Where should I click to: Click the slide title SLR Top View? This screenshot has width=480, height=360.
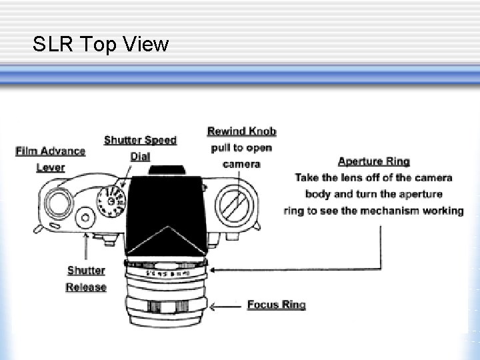coord(101,45)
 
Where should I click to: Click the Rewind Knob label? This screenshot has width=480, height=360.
coord(241,131)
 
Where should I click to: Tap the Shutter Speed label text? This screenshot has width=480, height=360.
coord(140,140)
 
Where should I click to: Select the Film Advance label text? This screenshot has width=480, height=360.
coord(51,151)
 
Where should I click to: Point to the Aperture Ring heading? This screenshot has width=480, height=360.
coord(373,161)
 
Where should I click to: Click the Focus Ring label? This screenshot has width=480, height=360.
coord(276,305)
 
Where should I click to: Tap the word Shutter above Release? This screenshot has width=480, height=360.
coord(86,271)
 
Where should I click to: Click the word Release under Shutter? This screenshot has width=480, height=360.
coord(86,287)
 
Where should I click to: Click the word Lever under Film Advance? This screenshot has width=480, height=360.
coord(51,167)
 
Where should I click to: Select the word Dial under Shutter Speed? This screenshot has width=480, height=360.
coord(140,157)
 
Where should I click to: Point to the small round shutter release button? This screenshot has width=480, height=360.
coord(85,217)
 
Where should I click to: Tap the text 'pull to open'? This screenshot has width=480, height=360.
coord(241,147)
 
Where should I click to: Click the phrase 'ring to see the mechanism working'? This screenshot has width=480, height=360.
coord(373,211)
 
